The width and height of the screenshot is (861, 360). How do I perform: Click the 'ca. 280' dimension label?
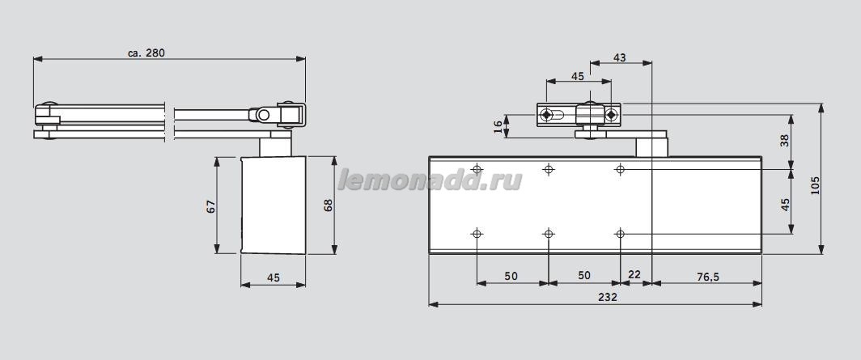(x=146, y=53)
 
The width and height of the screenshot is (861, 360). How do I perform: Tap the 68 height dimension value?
(x=328, y=205)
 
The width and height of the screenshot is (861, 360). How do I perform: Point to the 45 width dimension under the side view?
(x=273, y=277)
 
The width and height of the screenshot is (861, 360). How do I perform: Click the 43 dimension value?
(x=620, y=57)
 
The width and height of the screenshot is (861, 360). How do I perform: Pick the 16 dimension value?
(x=498, y=125)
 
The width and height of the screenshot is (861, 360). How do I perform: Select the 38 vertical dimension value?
(x=783, y=139)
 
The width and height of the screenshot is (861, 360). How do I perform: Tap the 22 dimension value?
(x=634, y=275)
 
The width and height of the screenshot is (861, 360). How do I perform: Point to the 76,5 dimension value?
(x=706, y=275)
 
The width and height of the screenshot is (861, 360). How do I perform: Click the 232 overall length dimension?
(x=608, y=297)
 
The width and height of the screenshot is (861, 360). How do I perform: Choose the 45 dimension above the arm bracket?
(x=578, y=76)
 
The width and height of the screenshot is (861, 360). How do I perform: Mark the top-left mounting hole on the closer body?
(x=477, y=169)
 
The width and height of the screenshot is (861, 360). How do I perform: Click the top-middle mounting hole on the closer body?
(x=549, y=169)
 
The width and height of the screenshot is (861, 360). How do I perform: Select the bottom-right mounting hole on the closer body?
(x=620, y=234)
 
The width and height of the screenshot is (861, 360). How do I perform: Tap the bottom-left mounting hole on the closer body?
(x=477, y=234)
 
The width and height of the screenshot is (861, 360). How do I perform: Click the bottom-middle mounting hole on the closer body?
(x=549, y=234)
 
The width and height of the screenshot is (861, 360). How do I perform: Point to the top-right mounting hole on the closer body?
(x=620, y=169)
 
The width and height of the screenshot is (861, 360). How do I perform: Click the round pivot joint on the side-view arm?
(x=263, y=116)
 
